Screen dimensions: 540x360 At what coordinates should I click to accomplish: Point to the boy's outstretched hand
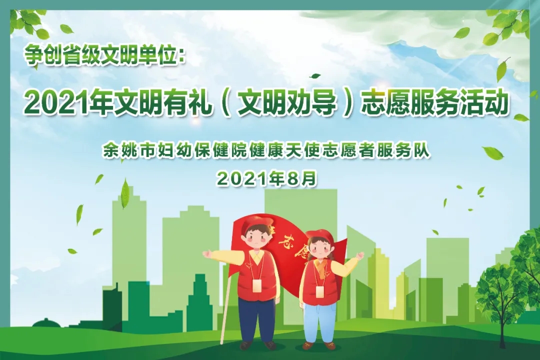[x=207, y=254]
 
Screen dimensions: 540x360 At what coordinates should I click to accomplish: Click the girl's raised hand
[x=359, y=255]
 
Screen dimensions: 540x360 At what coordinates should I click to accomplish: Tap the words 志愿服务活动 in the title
[x=434, y=103]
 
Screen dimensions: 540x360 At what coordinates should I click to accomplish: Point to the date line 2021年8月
[x=266, y=178]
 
